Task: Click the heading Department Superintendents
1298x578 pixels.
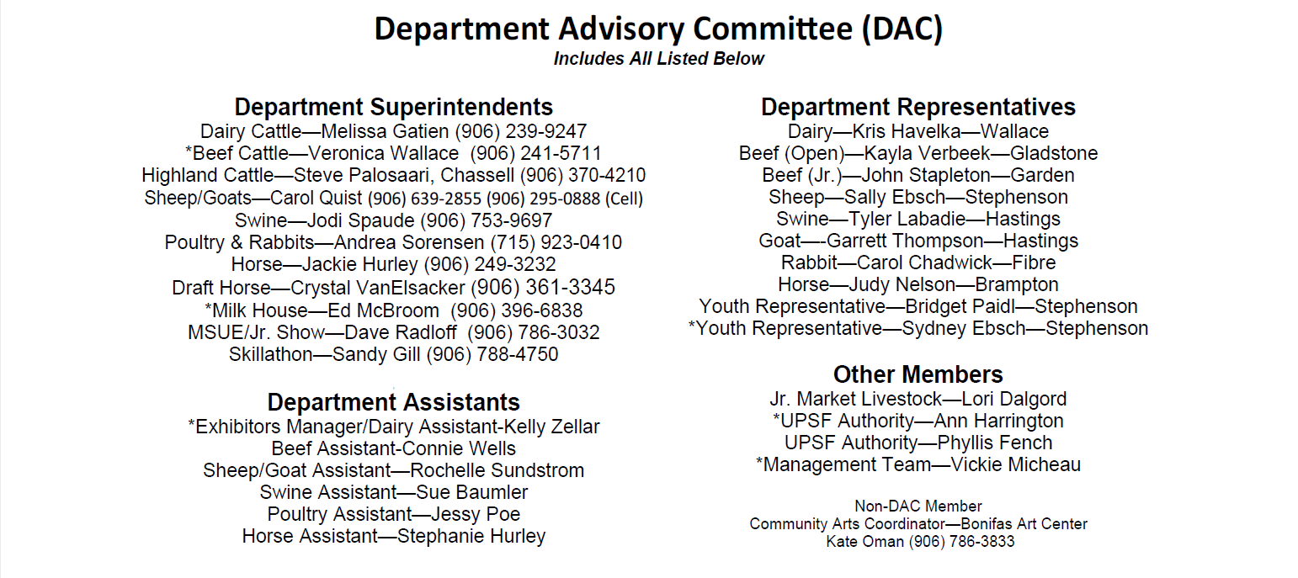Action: tap(393, 107)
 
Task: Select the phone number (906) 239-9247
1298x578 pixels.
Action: tap(521, 131)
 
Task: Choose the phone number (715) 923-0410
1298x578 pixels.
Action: tap(556, 243)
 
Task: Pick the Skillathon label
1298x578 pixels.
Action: tap(270, 354)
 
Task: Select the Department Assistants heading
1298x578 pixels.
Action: tap(393, 401)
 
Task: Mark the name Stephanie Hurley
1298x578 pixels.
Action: tap(471, 536)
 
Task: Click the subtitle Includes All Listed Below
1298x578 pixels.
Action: tap(658, 59)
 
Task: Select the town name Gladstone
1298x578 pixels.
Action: tap(1054, 153)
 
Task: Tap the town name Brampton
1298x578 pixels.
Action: tap(1017, 284)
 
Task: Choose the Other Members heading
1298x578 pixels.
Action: tap(918, 374)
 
